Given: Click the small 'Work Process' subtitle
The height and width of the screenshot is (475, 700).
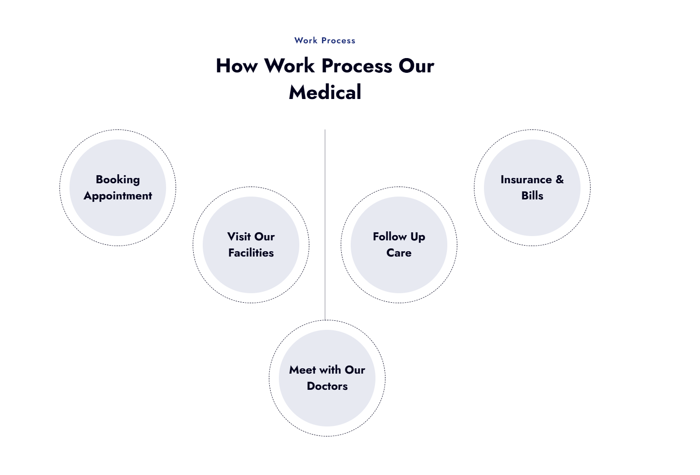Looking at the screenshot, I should [325, 41].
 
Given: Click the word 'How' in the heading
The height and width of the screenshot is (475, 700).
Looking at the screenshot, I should [237, 66].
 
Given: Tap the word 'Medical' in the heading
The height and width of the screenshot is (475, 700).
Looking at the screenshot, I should [325, 92].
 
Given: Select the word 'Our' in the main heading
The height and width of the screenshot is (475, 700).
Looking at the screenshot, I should [416, 66].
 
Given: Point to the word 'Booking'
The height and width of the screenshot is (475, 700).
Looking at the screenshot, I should [118, 180].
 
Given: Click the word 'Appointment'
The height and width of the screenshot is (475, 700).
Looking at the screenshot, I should [118, 196].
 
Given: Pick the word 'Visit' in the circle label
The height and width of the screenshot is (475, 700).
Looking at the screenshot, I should [238, 237].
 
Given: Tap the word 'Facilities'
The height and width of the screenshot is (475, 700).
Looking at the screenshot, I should [251, 253].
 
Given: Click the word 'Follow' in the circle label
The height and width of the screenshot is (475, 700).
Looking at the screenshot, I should [390, 237].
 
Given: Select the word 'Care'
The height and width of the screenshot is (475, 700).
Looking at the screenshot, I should [399, 253].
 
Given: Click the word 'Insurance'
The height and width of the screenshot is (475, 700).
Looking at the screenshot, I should [526, 180].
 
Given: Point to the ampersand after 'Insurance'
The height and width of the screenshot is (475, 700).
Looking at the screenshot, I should [560, 179].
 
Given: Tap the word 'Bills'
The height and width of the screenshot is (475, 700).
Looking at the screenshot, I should [532, 196].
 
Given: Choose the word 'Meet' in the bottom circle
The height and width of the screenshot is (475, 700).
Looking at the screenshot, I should [302, 370].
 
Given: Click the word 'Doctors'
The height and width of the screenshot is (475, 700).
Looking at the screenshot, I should [327, 386].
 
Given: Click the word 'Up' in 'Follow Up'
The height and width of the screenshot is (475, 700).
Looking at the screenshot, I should [418, 237].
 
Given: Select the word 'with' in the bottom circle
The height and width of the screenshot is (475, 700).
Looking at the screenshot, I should [330, 370].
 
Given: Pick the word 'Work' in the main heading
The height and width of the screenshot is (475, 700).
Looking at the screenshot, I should [289, 66].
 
